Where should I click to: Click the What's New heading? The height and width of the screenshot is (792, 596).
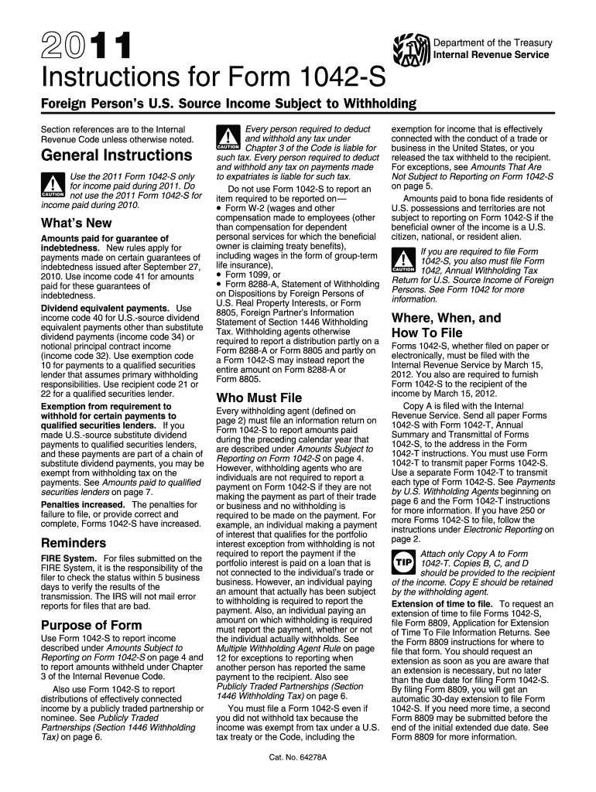[x=76, y=223]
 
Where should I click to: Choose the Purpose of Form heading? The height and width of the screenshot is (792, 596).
[x=91, y=625]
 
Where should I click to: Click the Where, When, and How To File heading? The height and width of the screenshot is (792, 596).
[x=447, y=325]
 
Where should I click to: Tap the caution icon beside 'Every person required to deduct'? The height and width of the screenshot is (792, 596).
[x=228, y=140]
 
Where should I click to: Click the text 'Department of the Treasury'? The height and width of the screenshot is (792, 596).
[x=492, y=42]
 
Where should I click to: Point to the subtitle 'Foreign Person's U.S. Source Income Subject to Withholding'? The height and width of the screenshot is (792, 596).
[x=228, y=104]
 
